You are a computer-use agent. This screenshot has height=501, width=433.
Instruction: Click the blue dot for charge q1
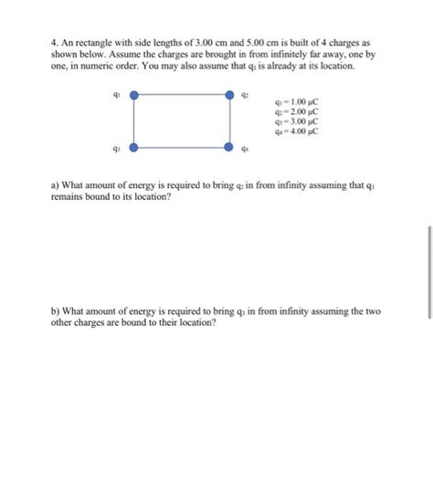pyautogui.click(x=134, y=94)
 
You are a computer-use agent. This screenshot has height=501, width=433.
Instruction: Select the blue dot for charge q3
pyautogui.click(x=134, y=146)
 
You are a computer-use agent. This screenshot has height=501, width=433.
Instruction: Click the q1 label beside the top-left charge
pyautogui.click(x=115, y=92)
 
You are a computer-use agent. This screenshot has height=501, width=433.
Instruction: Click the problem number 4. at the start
pyautogui.click(x=55, y=43)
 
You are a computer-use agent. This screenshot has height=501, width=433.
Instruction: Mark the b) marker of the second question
pyautogui.click(x=55, y=312)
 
